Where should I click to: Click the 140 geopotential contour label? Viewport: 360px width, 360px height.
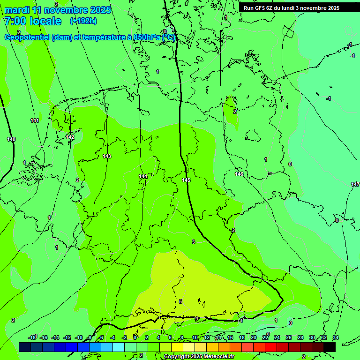[11, 139]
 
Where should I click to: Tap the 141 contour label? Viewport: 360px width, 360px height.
[35, 120]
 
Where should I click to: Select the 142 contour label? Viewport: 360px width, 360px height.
[70, 137]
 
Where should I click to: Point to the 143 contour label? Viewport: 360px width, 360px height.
[107, 156]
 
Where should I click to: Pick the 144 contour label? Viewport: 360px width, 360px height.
[143, 176]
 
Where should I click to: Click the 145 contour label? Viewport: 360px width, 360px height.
[186, 180]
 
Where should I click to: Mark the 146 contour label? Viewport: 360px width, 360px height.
[239, 174]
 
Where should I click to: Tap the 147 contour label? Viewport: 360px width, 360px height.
[355, 184]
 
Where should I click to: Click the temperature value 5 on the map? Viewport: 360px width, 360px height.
[180, 301]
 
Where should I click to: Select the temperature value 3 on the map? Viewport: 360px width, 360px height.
[193, 242]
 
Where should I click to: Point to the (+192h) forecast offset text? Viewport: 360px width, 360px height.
[83, 21]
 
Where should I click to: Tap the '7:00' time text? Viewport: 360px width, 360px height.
[15, 21]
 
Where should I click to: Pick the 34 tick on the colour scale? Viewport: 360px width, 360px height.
[335, 337]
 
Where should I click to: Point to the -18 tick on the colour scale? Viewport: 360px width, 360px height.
[32, 337]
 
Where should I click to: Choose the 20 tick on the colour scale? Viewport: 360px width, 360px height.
[253, 337]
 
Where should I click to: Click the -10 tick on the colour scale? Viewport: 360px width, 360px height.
[79, 337]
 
